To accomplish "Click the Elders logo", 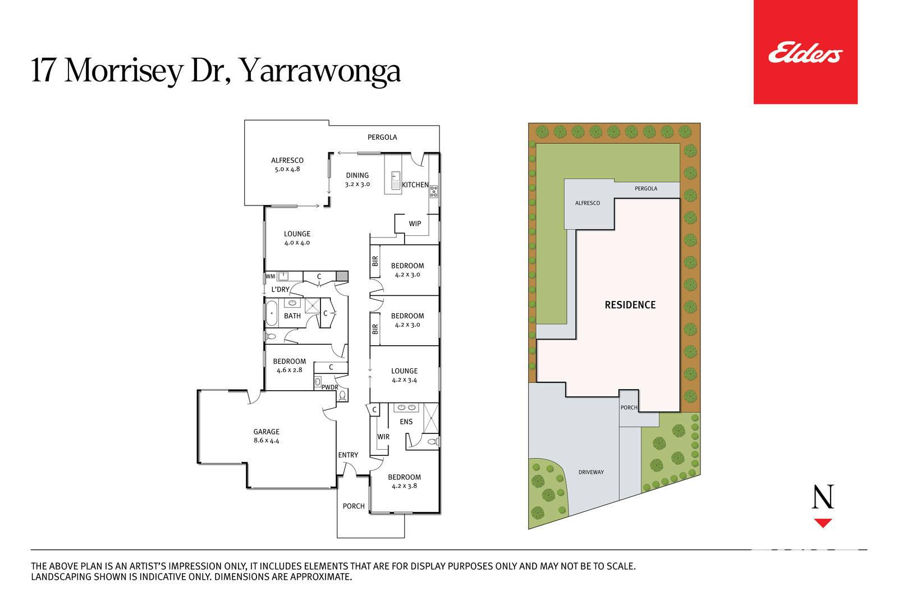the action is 805,52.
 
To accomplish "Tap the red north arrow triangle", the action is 823,523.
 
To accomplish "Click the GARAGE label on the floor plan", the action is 266,432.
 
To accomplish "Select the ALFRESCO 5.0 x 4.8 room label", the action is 287,164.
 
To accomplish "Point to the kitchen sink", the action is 396,180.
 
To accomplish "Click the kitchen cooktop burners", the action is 434,191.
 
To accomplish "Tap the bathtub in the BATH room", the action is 272,313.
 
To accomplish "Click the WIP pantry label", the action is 415,224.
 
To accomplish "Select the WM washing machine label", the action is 270,276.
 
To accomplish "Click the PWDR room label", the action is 329,387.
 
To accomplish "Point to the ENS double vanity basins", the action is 406,408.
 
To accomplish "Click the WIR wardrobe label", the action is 383,437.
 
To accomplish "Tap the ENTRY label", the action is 348,455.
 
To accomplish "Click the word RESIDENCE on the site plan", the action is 630,305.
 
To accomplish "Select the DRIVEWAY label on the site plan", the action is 591,472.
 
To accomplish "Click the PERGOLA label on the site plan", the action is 646,189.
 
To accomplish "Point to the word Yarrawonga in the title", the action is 320,71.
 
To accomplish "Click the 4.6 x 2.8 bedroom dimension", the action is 290,370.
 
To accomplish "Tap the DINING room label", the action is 357,175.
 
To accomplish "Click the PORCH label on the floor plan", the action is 354,506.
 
